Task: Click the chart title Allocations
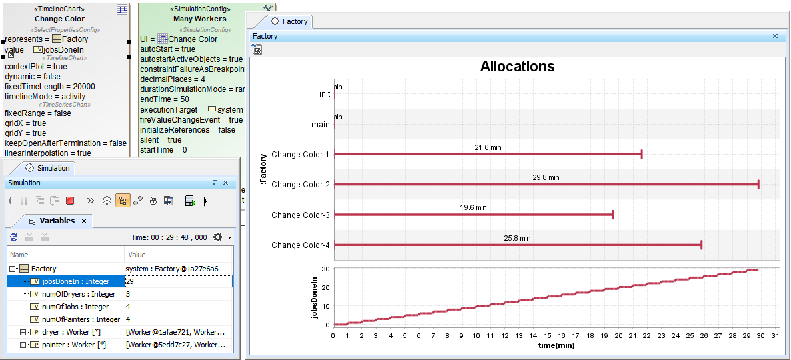517,67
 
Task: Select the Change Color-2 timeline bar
546,185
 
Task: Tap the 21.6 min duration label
488,147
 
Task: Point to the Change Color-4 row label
300,245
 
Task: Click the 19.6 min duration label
473,207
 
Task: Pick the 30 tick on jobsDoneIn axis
325,269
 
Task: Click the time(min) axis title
556,345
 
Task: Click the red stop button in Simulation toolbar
70,201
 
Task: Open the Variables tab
57,221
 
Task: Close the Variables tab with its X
84,221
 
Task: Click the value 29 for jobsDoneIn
129,281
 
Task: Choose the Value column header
137,255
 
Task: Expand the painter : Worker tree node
23,345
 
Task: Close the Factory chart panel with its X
775,37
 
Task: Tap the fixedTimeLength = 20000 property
50,87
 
